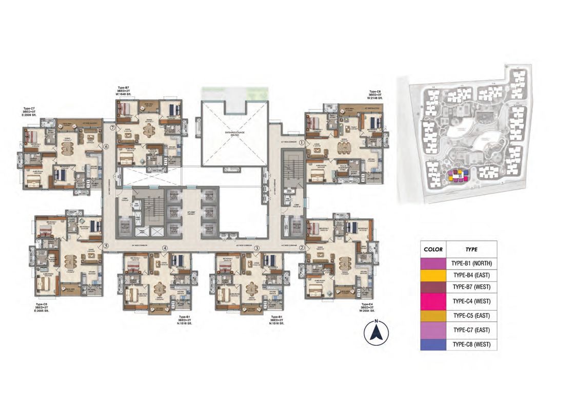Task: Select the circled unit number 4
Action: point(165,248)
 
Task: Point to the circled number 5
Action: point(106,246)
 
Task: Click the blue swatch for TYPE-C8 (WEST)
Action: point(433,344)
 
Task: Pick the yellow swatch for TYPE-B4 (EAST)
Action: point(433,275)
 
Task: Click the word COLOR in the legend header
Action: point(433,249)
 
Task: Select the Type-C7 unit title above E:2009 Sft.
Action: point(29,109)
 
